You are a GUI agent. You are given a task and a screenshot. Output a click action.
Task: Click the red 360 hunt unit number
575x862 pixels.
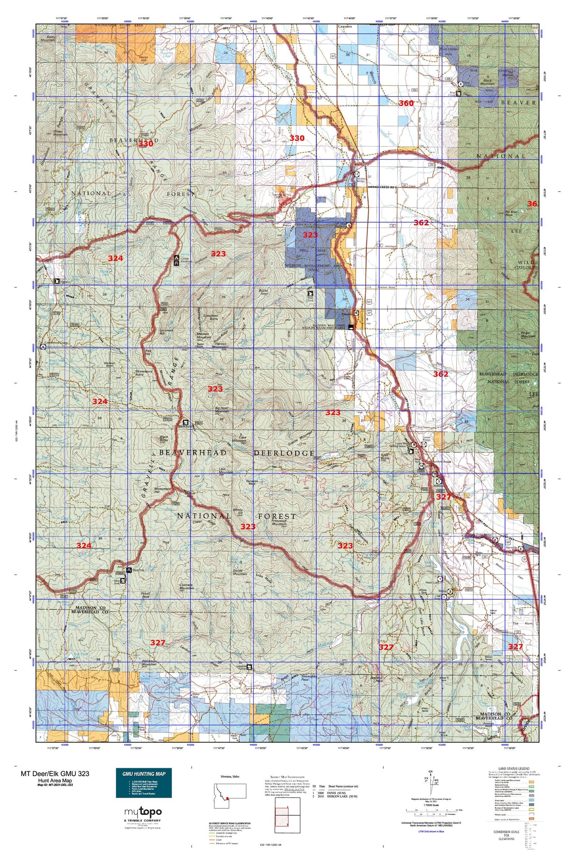[x=406, y=103]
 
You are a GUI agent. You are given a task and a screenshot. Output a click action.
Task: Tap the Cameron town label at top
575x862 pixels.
[x=345, y=27]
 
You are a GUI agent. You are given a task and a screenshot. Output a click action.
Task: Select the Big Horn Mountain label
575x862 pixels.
[x=221, y=410]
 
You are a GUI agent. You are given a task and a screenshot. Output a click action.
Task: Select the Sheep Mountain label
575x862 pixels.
[x=60, y=133]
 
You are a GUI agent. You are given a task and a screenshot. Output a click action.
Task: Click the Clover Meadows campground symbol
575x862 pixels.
[x=176, y=259]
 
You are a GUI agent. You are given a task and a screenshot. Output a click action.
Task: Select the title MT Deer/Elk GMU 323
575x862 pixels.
[x=55, y=774]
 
